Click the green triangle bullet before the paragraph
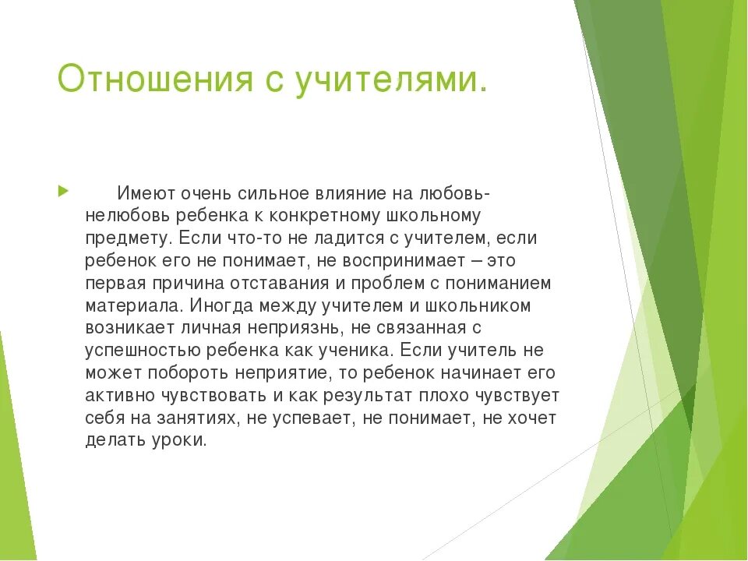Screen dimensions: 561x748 [x=63, y=191]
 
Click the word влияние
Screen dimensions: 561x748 [x=349, y=192]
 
